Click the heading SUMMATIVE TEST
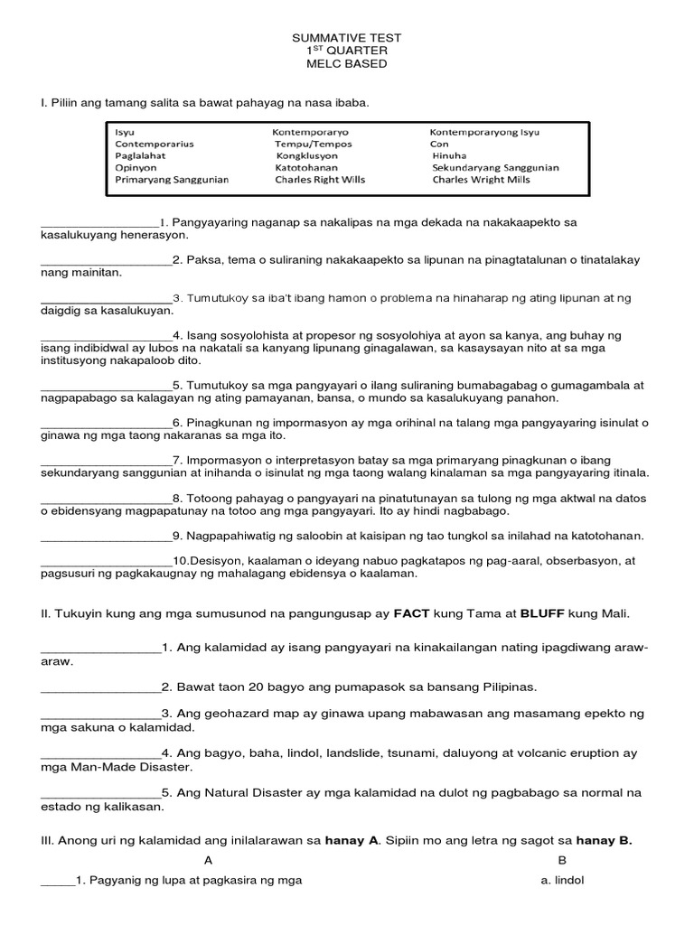[x=346, y=38]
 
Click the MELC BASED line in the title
[x=346, y=64]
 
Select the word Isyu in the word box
[x=125, y=132]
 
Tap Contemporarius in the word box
[x=155, y=144]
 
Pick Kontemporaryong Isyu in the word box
[x=484, y=132]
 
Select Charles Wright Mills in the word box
[x=482, y=180]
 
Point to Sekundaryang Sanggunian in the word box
[x=495, y=167]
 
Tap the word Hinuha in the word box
[x=449, y=155]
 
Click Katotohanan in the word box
[x=307, y=167]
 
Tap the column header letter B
[x=561, y=860]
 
